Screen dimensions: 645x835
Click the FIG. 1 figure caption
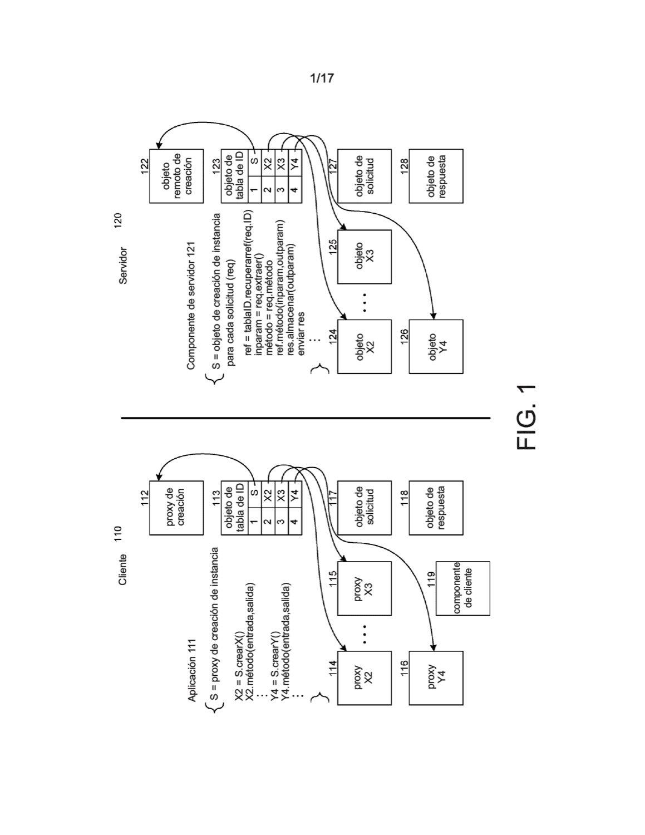[x=526, y=417]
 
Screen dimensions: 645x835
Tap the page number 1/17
[x=322, y=78]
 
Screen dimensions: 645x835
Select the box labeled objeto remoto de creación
[x=176, y=176]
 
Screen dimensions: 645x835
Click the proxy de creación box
[x=176, y=508]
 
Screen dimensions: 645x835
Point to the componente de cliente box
[x=463, y=588]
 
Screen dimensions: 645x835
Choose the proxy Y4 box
[x=436, y=678]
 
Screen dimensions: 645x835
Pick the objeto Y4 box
[x=436, y=346]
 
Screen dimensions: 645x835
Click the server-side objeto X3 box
[x=365, y=257]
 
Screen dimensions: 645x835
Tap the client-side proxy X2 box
[x=365, y=678]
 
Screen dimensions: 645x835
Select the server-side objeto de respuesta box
[x=436, y=176]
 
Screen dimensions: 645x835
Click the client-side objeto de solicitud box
[x=365, y=508]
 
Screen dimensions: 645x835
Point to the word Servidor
[x=123, y=266]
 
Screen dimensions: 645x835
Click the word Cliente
[x=123, y=569]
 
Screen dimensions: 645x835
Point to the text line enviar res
[x=301, y=333]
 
